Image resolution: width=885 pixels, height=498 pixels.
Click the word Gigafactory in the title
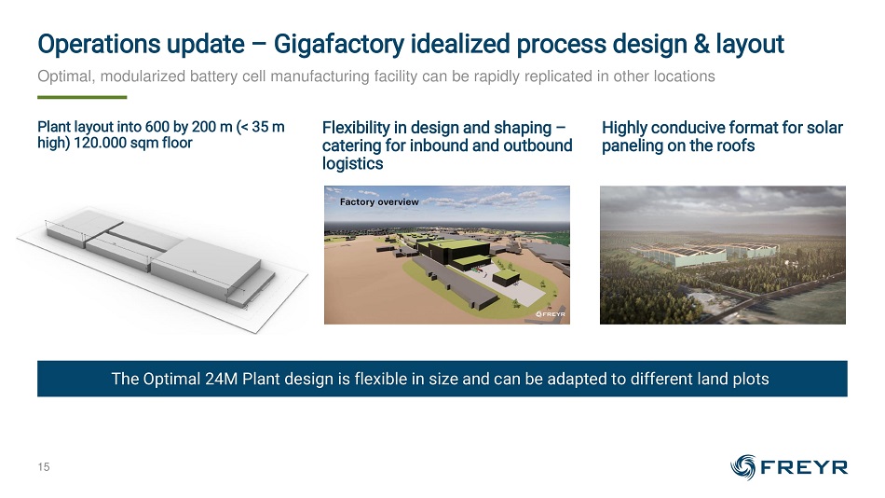tap(339, 44)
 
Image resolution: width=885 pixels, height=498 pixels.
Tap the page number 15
tap(44, 467)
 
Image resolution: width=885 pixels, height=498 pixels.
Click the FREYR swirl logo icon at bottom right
tap(742, 467)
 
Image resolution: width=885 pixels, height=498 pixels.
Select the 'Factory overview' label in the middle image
tap(379, 201)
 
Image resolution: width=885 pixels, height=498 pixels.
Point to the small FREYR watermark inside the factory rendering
tap(551, 314)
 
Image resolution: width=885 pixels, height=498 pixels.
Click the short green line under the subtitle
tap(82, 97)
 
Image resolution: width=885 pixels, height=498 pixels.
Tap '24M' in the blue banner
tap(222, 379)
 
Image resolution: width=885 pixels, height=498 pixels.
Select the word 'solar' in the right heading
tap(824, 128)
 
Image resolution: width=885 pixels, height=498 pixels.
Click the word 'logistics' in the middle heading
tap(353, 164)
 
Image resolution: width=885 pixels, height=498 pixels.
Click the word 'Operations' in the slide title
tap(92, 45)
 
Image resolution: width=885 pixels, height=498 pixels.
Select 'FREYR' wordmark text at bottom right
tap(804, 467)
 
